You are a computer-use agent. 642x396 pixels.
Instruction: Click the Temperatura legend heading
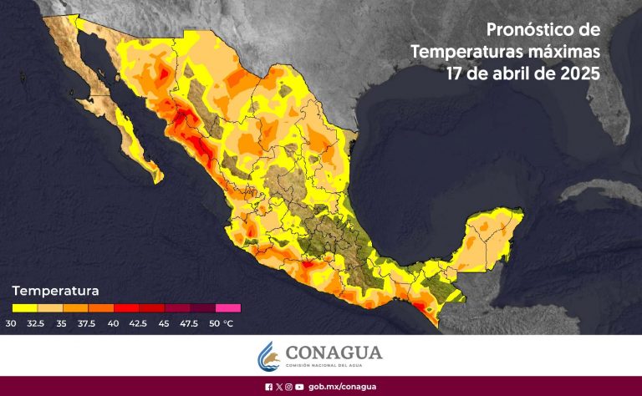pyautogui.click(x=56, y=292)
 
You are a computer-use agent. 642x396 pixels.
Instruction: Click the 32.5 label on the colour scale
pyautogui.click(x=37, y=323)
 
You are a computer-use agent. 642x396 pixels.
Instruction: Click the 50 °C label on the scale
pyautogui.click(x=222, y=323)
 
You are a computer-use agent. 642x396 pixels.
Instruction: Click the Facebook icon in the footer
pyautogui.click(x=268, y=387)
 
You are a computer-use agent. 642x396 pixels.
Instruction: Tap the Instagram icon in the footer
pyautogui.click(x=288, y=387)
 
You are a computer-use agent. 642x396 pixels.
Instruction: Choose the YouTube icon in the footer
pyautogui.click(x=299, y=387)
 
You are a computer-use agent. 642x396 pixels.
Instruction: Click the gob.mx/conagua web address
pyautogui.click(x=342, y=387)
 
